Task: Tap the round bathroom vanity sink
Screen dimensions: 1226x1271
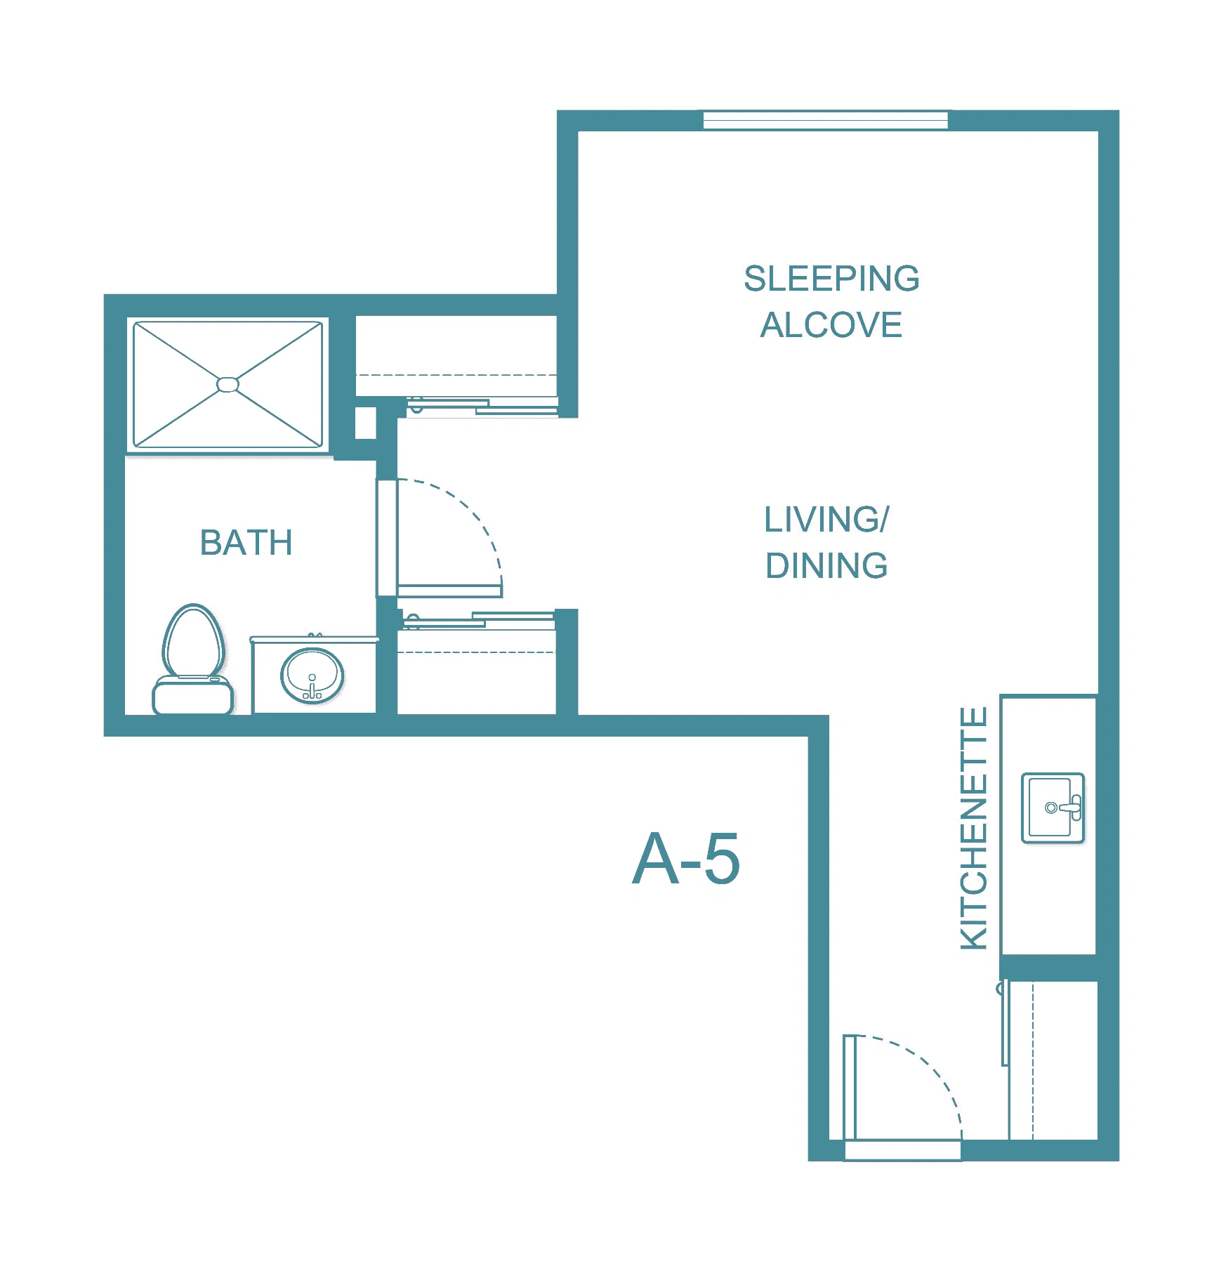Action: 312,676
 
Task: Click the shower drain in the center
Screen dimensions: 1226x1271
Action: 228,384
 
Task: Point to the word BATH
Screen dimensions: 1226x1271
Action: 246,542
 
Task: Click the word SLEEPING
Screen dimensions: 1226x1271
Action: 831,278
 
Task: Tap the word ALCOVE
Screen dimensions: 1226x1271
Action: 831,325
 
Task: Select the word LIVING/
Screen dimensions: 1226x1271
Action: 826,520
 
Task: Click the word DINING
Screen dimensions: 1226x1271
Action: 826,566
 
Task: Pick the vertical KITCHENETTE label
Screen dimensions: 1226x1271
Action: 974,829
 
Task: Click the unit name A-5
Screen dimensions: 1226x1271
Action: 686,858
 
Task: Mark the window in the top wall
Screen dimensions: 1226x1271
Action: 826,120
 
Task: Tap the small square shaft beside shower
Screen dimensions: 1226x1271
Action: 365,423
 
